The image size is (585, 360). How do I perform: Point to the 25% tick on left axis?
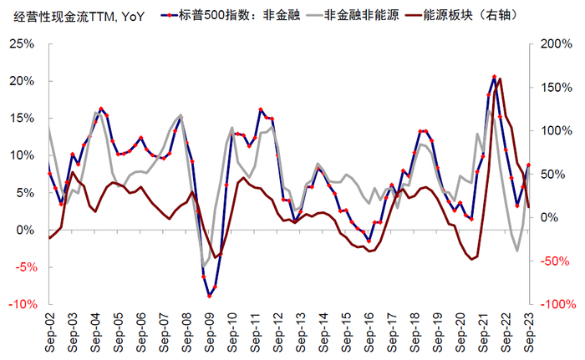pos(21,43)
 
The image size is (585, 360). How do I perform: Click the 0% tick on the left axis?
pos(25,230)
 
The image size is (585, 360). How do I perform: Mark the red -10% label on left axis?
pos(19,305)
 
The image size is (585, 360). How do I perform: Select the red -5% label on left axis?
pos(22,267)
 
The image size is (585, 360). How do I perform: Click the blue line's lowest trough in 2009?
pos(209,296)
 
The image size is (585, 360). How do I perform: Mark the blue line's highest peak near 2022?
pos(494,77)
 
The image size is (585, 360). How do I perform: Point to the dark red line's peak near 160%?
pos(500,79)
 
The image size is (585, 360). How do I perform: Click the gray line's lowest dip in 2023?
pos(517,251)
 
